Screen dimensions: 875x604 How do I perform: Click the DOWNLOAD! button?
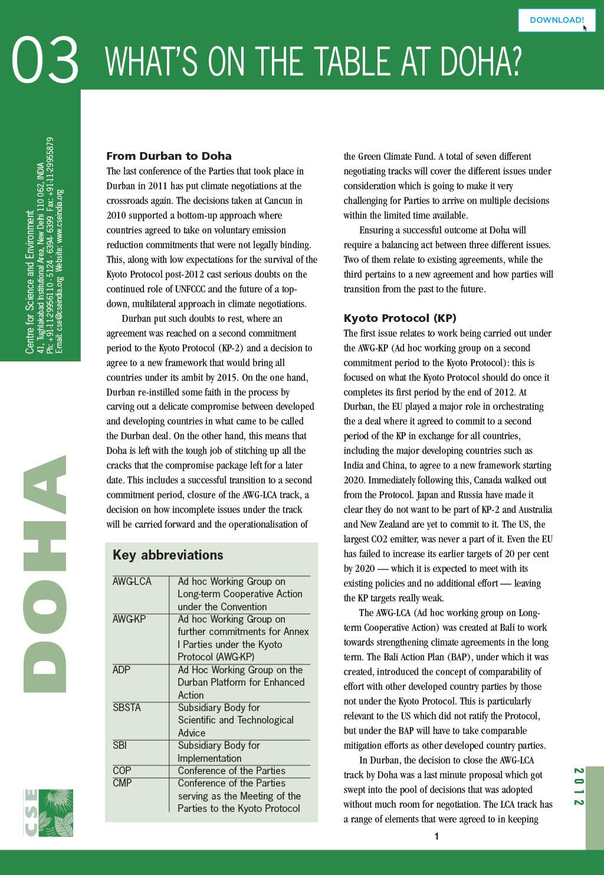[556, 20]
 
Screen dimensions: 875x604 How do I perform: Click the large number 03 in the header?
[45, 60]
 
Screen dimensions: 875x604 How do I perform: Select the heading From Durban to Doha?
[169, 156]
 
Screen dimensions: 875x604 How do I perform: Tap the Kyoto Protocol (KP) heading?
[400, 318]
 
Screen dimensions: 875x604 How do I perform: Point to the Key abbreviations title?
[168, 555]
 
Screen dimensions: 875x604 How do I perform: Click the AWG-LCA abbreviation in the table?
[132, 581]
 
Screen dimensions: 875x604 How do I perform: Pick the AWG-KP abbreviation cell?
[129, 619]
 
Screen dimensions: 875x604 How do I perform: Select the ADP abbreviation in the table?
[122, 670]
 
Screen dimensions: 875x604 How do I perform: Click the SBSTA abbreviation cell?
[127, 708]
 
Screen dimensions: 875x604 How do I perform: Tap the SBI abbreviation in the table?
[120, 745]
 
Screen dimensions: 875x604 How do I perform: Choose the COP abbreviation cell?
[122, 771]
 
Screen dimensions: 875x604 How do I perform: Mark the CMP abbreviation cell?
[122, 783]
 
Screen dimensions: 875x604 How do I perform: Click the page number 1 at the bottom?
[436, 836]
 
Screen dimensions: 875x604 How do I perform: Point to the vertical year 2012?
[579, 787]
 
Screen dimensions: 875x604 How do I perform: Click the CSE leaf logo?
[48, 812]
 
